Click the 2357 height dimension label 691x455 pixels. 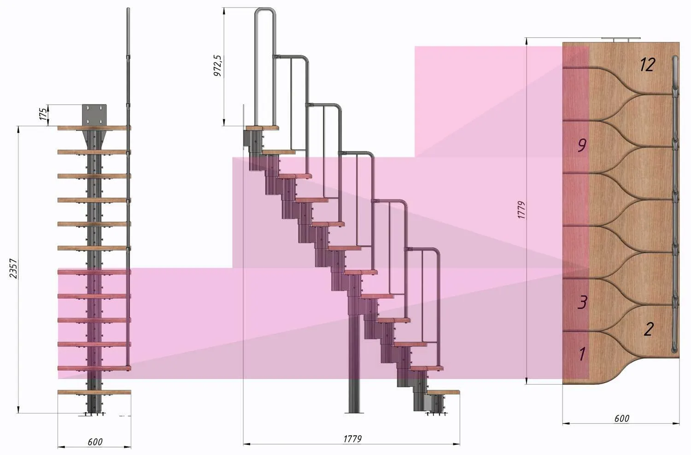coord(13,268)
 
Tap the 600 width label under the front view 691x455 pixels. coord(95,442)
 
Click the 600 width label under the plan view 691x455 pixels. coord(621,419)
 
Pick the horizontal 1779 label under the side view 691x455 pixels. coord(352,439)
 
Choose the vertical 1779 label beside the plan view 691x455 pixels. coord(521,210)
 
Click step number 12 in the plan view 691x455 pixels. coord(647,65)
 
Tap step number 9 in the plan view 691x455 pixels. coord(582,146)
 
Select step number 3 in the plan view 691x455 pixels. coord(583,303)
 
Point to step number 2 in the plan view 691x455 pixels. coord(649,329)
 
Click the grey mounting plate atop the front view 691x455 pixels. coord(94,114)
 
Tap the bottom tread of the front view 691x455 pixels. coord(94,392)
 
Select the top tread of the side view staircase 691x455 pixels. coord(262,128)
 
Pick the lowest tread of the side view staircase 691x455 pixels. coord(443,392)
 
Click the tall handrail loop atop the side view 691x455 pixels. coord(265,28)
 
